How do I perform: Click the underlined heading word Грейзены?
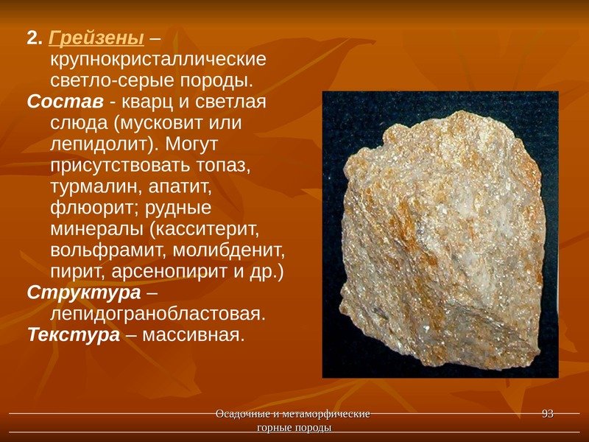[x=96, y=37]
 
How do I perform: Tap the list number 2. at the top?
[x=35, y=37]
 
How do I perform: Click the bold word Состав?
[x=55, y=100]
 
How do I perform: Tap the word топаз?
[x=227, y=164]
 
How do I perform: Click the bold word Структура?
[x=83, y=292]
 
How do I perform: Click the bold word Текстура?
[x=73, y=335]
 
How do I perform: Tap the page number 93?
[x=548, y=414]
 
